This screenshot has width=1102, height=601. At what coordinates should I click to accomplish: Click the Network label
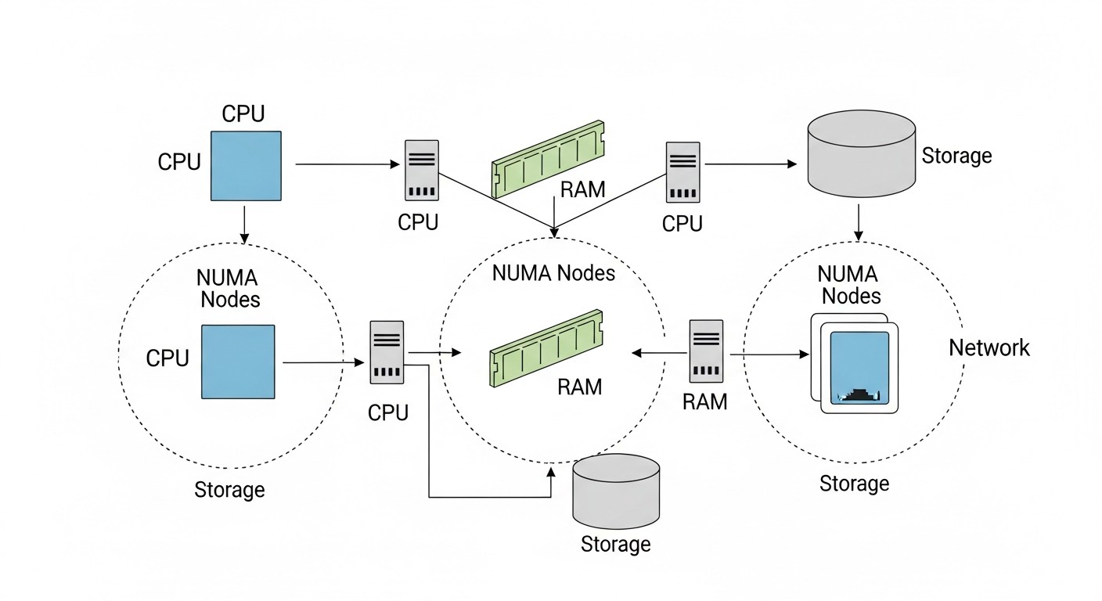pyautogui.click(x=989, y=347)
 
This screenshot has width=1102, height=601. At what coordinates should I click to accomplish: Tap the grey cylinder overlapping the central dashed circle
pyautogui.click(x=616, y=491)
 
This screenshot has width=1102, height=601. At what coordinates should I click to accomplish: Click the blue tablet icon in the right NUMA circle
pyautogui.click(x=859, y=366)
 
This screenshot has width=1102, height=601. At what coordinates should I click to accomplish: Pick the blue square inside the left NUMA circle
pyautogui.click(x=238, y=362)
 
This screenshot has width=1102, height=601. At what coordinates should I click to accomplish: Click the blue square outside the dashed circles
pyautogui.click(x=246, y=165)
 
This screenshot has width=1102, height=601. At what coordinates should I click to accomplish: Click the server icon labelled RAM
pyautogui.click(x=705, y=351)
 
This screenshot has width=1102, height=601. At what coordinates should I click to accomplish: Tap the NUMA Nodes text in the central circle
pyautogui.click(x=553, y=273)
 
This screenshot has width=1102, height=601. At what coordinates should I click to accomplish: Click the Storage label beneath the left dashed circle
pyautogui.click(x=229, y=490)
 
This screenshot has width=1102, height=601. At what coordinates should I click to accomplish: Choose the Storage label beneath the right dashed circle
pyautogui.click(x=854, y=484)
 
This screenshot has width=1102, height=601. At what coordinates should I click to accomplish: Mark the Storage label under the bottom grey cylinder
pyautogui.click(x=615, y=544)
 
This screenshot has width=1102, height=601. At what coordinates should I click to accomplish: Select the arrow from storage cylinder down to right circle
pyautogui.click(x=859, y=222)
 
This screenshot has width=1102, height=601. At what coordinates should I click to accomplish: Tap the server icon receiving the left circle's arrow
pyautogui.click(x=387, y=351)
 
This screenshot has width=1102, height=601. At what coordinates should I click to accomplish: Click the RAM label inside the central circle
pyautogui.click(x=580, y=386)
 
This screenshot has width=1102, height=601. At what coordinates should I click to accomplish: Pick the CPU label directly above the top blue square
pyautogui.click(x=243, y=113)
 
